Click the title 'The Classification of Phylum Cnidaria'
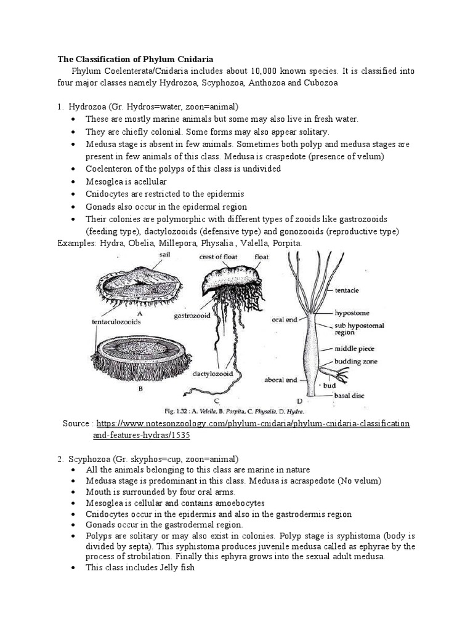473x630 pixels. (135, 60)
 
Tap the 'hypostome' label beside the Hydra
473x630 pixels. (352, 312)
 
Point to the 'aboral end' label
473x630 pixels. (282, 380)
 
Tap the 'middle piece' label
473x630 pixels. (355, 348)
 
